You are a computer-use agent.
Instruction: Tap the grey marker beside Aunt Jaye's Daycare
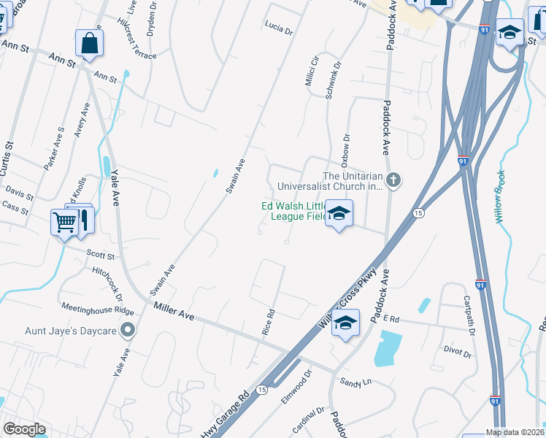pyautogui.click(x=128, y=331)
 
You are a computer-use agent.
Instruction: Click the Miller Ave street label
pyautogui.click(x=174, y=311)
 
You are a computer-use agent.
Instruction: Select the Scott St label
pyautogui.click(x=101, y=256)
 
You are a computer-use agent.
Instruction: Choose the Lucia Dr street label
pyautogui.click(x=279, y=31)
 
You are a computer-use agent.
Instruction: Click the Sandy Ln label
pyautogui.click(x=357, y=381)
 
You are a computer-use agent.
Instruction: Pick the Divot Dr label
pyautogui.click(x=457, y=352)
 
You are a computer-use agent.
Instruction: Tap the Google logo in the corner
pyautogui.click(x=25, y=429)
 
